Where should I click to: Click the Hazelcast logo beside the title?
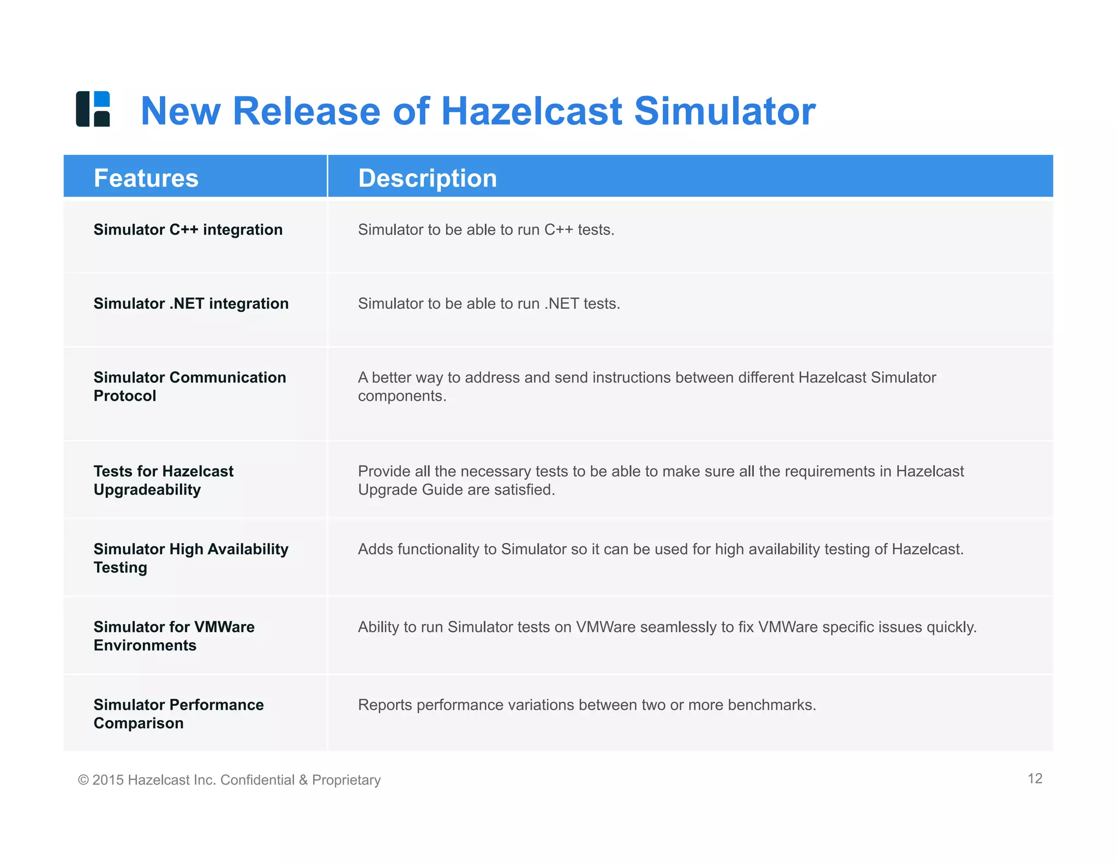[x=93, y=109]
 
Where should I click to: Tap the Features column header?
[x=146, y=178]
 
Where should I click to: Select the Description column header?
[x=428, y=178]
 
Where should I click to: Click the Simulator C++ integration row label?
[x=188, y=230]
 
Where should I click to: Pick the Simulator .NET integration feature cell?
[x=191, y=303]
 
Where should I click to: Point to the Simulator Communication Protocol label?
[x=189, y=386]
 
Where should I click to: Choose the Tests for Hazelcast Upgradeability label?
[x=163, y=480]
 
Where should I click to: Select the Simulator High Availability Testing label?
[x=191, y=558]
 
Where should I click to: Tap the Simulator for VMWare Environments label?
[x=174, y=636]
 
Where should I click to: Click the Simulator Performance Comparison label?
[x=178, y=714]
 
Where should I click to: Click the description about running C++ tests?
[x=486, y=230]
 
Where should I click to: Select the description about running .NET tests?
[x=489, y=303]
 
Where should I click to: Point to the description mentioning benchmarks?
[x=587, y=705]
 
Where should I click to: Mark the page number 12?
[x=1035, y=778]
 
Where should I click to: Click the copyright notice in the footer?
[x=229, y=780]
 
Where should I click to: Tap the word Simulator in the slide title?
[x=725, y=111]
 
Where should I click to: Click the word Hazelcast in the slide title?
[x=531, y=111]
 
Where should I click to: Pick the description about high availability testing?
[x=660, y=549]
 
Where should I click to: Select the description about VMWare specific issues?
[x=667, y=627]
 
